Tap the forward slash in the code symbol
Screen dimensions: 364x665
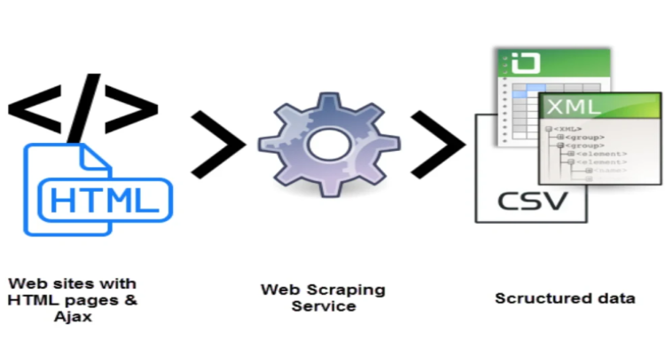85,99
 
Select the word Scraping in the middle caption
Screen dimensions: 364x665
350,290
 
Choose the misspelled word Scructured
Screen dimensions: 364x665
536,298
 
